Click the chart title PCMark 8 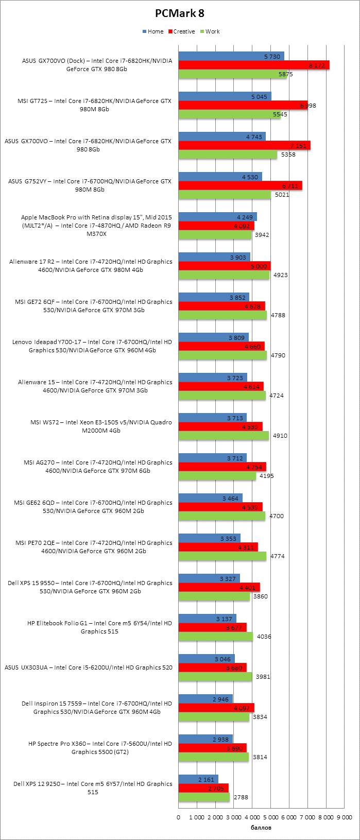point(180,14)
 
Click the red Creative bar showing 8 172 point(254,65)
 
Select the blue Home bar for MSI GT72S point(225,97)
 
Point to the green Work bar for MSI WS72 point(224,436)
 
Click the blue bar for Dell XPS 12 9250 point(198,780)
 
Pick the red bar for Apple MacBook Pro point(216,226)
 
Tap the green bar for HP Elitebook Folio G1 point(216,637)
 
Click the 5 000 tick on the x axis point(270,817)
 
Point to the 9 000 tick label point(344,817)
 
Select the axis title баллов point(261,828)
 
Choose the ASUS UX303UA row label point(89,667)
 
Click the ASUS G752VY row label point(90,185)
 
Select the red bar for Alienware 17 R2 point(225,266)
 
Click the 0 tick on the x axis point(179,817)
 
